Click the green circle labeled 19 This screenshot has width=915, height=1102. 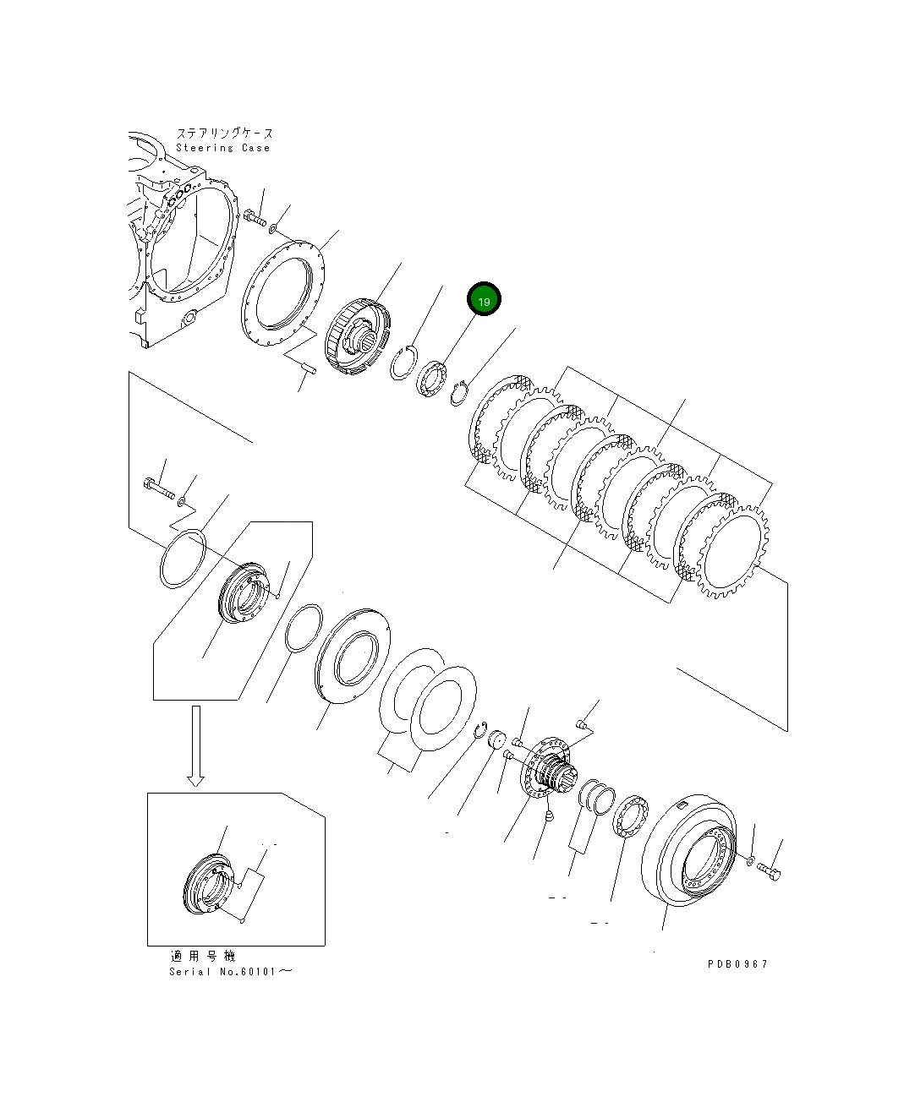(485, 301)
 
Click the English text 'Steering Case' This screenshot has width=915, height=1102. (222, 148)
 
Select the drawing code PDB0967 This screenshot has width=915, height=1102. (737, 963)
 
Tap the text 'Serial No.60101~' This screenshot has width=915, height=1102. (231, 971)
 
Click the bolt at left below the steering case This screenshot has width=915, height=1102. (159, 488)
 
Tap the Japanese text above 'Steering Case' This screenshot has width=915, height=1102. (225, 134)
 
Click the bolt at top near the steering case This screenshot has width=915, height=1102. (255, 218)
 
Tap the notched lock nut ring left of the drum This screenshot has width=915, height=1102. (630, 817)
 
